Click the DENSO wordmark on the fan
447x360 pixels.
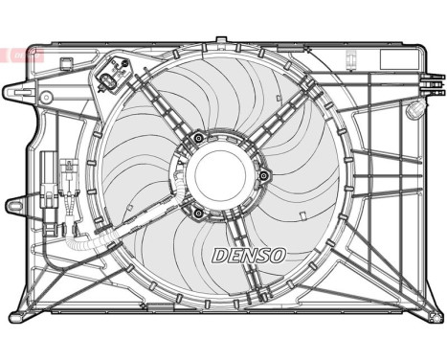pos(247,255)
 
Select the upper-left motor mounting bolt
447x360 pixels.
pos(197,139)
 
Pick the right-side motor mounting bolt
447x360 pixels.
pos(263,175)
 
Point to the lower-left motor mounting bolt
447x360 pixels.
pos(195,213)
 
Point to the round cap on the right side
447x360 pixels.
pos(414,109)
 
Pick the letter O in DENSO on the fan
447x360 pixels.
pos(277,255)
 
